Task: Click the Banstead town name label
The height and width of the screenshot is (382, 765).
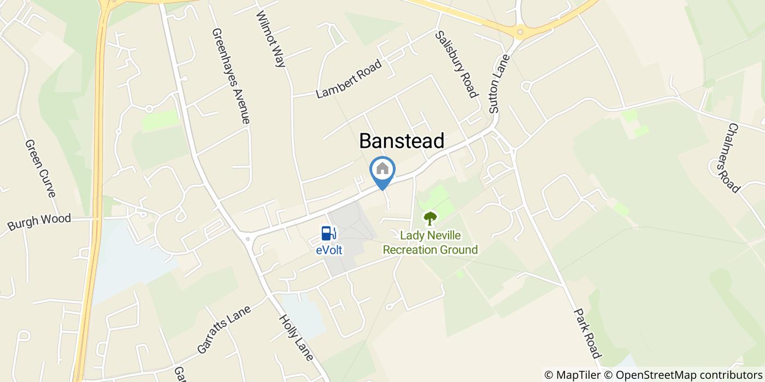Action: pyautogui.click(x=401, y=141)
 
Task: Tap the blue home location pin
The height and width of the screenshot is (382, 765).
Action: pyautogui.click(x=382, y=170)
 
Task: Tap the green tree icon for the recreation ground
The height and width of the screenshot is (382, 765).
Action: pyautogui.click(x=430, y=218)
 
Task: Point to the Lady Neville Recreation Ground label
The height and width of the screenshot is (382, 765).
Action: pyautogui.click(x=430, y=243)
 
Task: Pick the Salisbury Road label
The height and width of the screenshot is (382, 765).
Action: pyautogui.click(x=456, y=64)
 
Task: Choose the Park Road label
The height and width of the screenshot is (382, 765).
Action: pyautogui.click(x=587, y=333)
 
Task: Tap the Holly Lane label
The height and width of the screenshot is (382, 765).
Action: pyautogui.click(x=296, y=337)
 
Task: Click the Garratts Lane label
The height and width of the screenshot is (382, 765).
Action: pyautogui.click(x=224, y=329)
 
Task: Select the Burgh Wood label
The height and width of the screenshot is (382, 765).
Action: pyautogui.click(x=39, y=222)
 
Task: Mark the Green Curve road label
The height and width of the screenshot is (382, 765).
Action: pyautogui.click(x=40, y=168)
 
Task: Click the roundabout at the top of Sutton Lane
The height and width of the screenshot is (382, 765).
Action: pyautogui.click(x=520, y=32)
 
